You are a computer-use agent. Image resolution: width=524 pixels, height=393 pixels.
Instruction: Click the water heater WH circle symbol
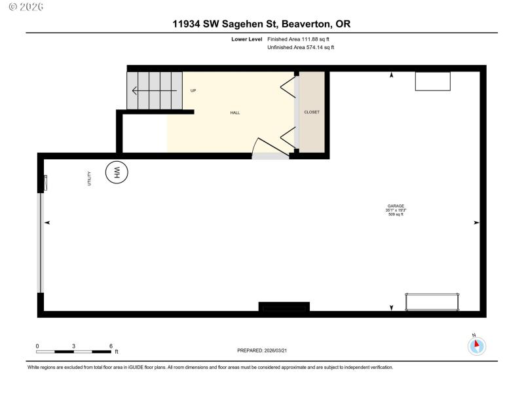(118, 172)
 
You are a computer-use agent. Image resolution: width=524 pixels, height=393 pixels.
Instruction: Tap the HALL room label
(234, 113)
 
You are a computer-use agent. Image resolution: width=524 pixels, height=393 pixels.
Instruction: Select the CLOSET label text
(312, 112)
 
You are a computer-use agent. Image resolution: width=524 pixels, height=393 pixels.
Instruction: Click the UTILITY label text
(90, 178)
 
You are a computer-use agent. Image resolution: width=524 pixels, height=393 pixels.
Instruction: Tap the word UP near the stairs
(193, 90)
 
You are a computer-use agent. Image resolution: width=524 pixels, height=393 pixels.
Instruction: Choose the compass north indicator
(477, 345)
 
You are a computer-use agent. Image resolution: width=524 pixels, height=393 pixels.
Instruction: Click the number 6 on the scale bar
(111, 345)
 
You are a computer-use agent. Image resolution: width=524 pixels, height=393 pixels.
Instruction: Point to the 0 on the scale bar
(37, 345)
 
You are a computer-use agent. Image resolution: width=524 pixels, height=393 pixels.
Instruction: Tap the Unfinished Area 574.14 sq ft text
(301, 47)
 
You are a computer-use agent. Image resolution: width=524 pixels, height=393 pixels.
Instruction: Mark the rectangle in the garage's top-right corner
(433, 81)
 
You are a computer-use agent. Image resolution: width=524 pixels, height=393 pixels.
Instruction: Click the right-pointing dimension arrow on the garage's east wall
(476, 223)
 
